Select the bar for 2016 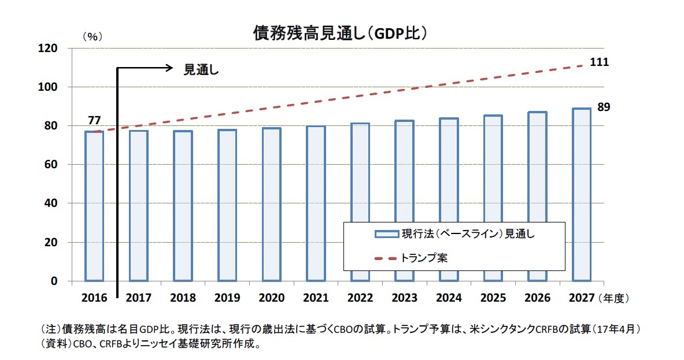tap(94, 206)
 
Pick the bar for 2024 tap(449, 199)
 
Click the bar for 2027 tap(582, 194)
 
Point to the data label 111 tap(599, 62)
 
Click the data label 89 tap(604, 107)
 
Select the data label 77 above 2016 tap(95, 121)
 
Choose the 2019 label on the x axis tap(227, 298)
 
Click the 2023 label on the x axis tap(405, 298)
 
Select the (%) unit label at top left tap(92, 36)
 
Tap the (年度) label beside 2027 tap(614, 298)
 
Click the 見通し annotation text tap(202, 69)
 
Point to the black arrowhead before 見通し tap(170, 68)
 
